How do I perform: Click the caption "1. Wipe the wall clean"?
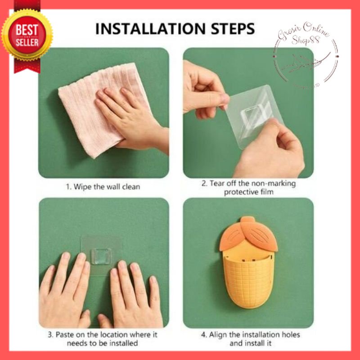[x=103, y=187]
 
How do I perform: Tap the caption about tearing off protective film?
[x=248, y=188]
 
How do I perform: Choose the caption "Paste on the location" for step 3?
[x=103, y=339]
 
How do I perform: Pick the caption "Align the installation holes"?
[x=251, y=339]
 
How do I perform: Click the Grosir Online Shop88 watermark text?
[x=302, y=35]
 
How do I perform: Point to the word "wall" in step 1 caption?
[x=113, y=187]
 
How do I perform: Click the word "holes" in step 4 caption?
[x=290, y=335]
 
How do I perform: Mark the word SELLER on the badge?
[x=27, y=43]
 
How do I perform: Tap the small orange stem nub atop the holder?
[x=247, y=219]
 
